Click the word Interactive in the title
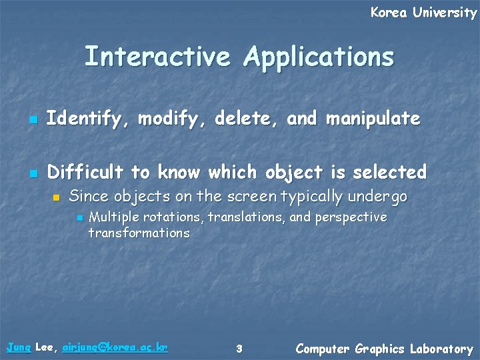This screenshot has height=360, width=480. [x=159, y=57]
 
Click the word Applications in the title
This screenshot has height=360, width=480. [x=319, y=58]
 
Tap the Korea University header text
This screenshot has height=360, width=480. [x=423, y=12]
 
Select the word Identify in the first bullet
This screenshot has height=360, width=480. [x=89, y=119]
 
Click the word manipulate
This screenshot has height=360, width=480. [x=373, y=119]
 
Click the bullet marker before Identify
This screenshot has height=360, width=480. [x=31, y=121]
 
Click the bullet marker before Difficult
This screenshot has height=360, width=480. [x=31, y=174]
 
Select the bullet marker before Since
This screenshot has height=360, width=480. [x=57, y=198]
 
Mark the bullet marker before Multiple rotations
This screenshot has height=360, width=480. [x=79, y=219]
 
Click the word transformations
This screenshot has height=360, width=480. [x=139, y=233]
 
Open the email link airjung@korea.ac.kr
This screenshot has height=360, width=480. [x=114, y=347]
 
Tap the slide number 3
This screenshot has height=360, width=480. [x=239, y=348]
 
